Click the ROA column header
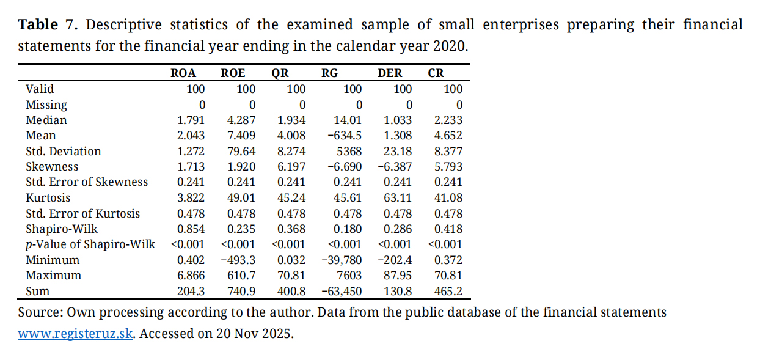[x=183, y=73]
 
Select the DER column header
[x=390, y=73]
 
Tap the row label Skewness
[x=52, y=167]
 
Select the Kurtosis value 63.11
[x=399, y=198]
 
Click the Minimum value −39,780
[x=342, y=260]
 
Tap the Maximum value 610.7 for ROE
[x=241, y=276]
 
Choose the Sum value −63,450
[x=342, y=292]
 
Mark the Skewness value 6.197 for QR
[x=291, y=167]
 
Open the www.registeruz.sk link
[x=76, y=335]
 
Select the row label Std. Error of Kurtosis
[x=82, y=214]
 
